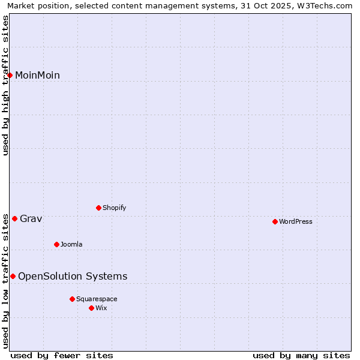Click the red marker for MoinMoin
10,75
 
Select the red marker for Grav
14,218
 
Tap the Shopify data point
98,208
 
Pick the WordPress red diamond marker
275,221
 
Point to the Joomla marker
56,244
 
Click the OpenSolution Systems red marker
13,276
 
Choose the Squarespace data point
72,299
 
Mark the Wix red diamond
91,308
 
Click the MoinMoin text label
37,75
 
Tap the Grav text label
31,218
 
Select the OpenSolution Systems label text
73,276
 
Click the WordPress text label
296,221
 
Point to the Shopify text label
114,208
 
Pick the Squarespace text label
97,299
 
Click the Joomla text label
71,244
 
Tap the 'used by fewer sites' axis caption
62,355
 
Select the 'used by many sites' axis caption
301,355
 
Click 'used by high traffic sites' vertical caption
5,85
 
